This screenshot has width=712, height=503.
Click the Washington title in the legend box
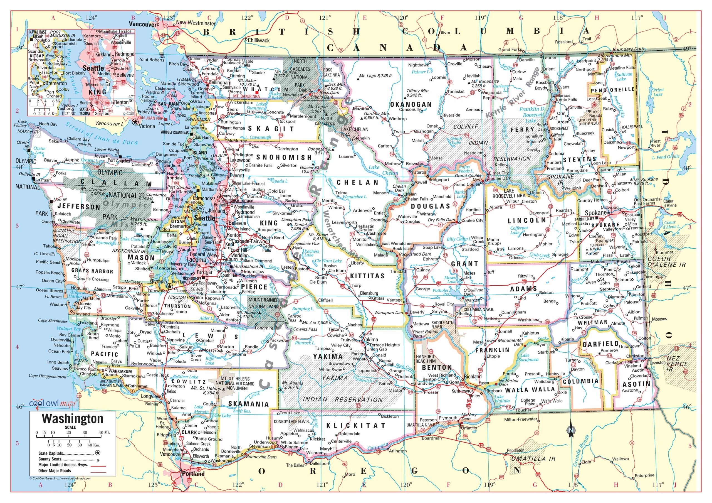73,419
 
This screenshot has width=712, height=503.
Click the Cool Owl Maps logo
52,404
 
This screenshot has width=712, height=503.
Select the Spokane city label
595,213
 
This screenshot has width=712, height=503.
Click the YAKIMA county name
328,356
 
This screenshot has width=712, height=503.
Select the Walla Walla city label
552,401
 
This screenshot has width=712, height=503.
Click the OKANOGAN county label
411,104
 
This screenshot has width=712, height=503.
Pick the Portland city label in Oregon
193,474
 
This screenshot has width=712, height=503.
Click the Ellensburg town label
369,293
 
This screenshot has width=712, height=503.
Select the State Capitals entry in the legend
51,453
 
